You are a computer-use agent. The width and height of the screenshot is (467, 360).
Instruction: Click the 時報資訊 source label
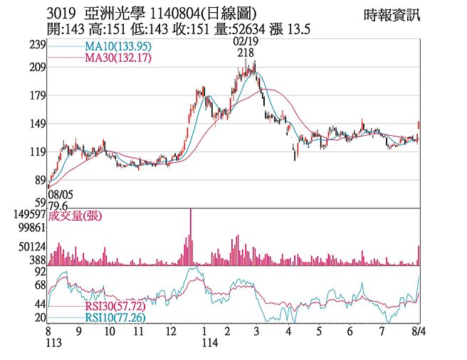click(x=391, y=15)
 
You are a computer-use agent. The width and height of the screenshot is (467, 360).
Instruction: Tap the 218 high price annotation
click(x=246, y=53)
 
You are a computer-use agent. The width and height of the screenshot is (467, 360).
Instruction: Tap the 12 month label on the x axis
click(x=170, y=332)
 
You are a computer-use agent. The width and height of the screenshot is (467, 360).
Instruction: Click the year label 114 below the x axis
click(x=206, y=343)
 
